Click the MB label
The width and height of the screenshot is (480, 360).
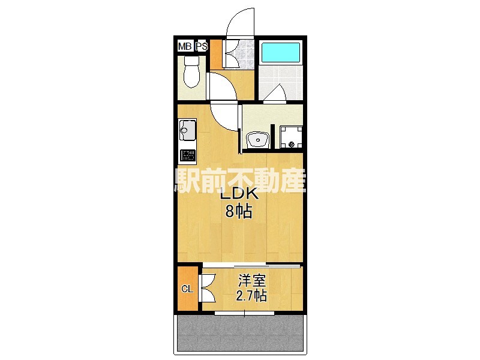[184, 46]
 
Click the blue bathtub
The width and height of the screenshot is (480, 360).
[281, 53]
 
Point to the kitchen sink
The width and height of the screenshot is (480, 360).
[187, 130]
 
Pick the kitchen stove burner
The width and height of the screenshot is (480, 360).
[188, 157]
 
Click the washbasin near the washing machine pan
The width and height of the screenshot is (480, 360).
[258, 140]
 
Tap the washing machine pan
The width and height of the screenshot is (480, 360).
[290, 137]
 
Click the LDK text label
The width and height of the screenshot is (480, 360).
[238, 196]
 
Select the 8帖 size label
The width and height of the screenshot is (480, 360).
[238, 211]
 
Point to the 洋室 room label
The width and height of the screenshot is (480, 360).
[251, 281]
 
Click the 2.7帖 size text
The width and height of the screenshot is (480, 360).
[251, 295]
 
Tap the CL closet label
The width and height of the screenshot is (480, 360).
[187, 289]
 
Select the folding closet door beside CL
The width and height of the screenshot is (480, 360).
[207, 288]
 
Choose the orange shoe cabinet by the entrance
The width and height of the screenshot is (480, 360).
[216, 55]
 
